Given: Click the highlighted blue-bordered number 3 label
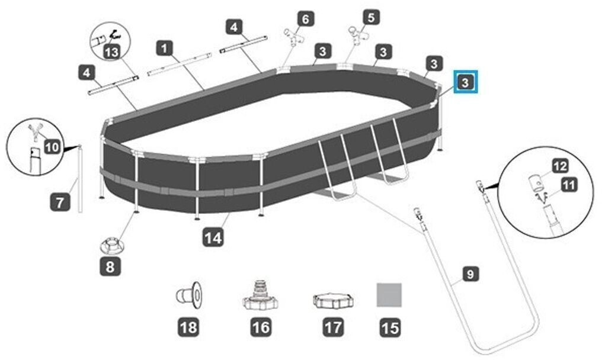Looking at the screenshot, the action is [465, 82].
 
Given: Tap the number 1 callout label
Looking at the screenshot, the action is [165, 49].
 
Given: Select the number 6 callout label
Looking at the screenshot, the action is [306, 19].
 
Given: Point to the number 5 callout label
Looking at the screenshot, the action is [371, 17].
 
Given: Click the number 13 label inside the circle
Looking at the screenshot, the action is [111, 52].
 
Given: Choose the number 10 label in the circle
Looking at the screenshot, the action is [53, 147].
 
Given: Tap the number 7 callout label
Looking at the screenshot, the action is [60, 201].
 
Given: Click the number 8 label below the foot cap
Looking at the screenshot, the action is [110, 266].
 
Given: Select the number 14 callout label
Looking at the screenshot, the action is [213, 238].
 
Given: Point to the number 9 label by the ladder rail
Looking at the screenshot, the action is [470, 274].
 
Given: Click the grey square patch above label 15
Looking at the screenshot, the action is [389, 295].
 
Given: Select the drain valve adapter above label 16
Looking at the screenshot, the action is [261, 295].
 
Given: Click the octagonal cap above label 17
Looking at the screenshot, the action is [333, 301].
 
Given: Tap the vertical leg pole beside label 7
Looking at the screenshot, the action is [80, 178].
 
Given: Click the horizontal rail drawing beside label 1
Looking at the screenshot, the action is [180, 64].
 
